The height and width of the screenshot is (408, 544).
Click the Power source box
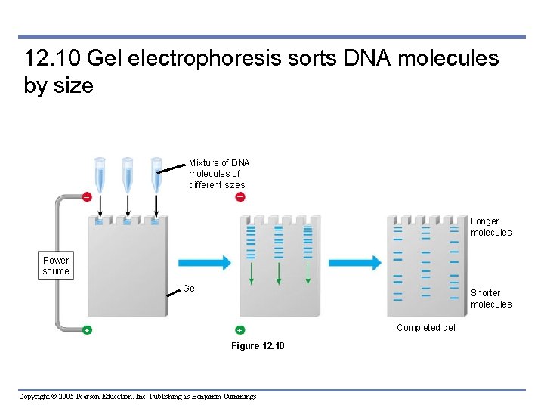56,265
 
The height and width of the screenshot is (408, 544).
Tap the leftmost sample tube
100,174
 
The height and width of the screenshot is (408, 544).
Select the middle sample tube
128,174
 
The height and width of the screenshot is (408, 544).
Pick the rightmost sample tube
156,174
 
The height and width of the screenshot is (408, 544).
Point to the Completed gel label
426,328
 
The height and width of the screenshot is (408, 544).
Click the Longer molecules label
491,227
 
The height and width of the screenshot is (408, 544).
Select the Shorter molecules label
491,298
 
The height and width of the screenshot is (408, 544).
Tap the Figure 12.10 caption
258,346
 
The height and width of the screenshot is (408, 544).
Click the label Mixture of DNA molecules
219,174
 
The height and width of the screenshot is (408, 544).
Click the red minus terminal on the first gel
87,197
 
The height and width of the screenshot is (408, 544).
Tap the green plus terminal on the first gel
87,330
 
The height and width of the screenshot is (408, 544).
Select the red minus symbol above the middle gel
240,197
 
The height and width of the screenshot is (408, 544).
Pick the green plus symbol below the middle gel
240,330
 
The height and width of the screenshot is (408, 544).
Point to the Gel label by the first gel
190,289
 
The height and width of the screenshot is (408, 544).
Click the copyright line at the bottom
138,397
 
